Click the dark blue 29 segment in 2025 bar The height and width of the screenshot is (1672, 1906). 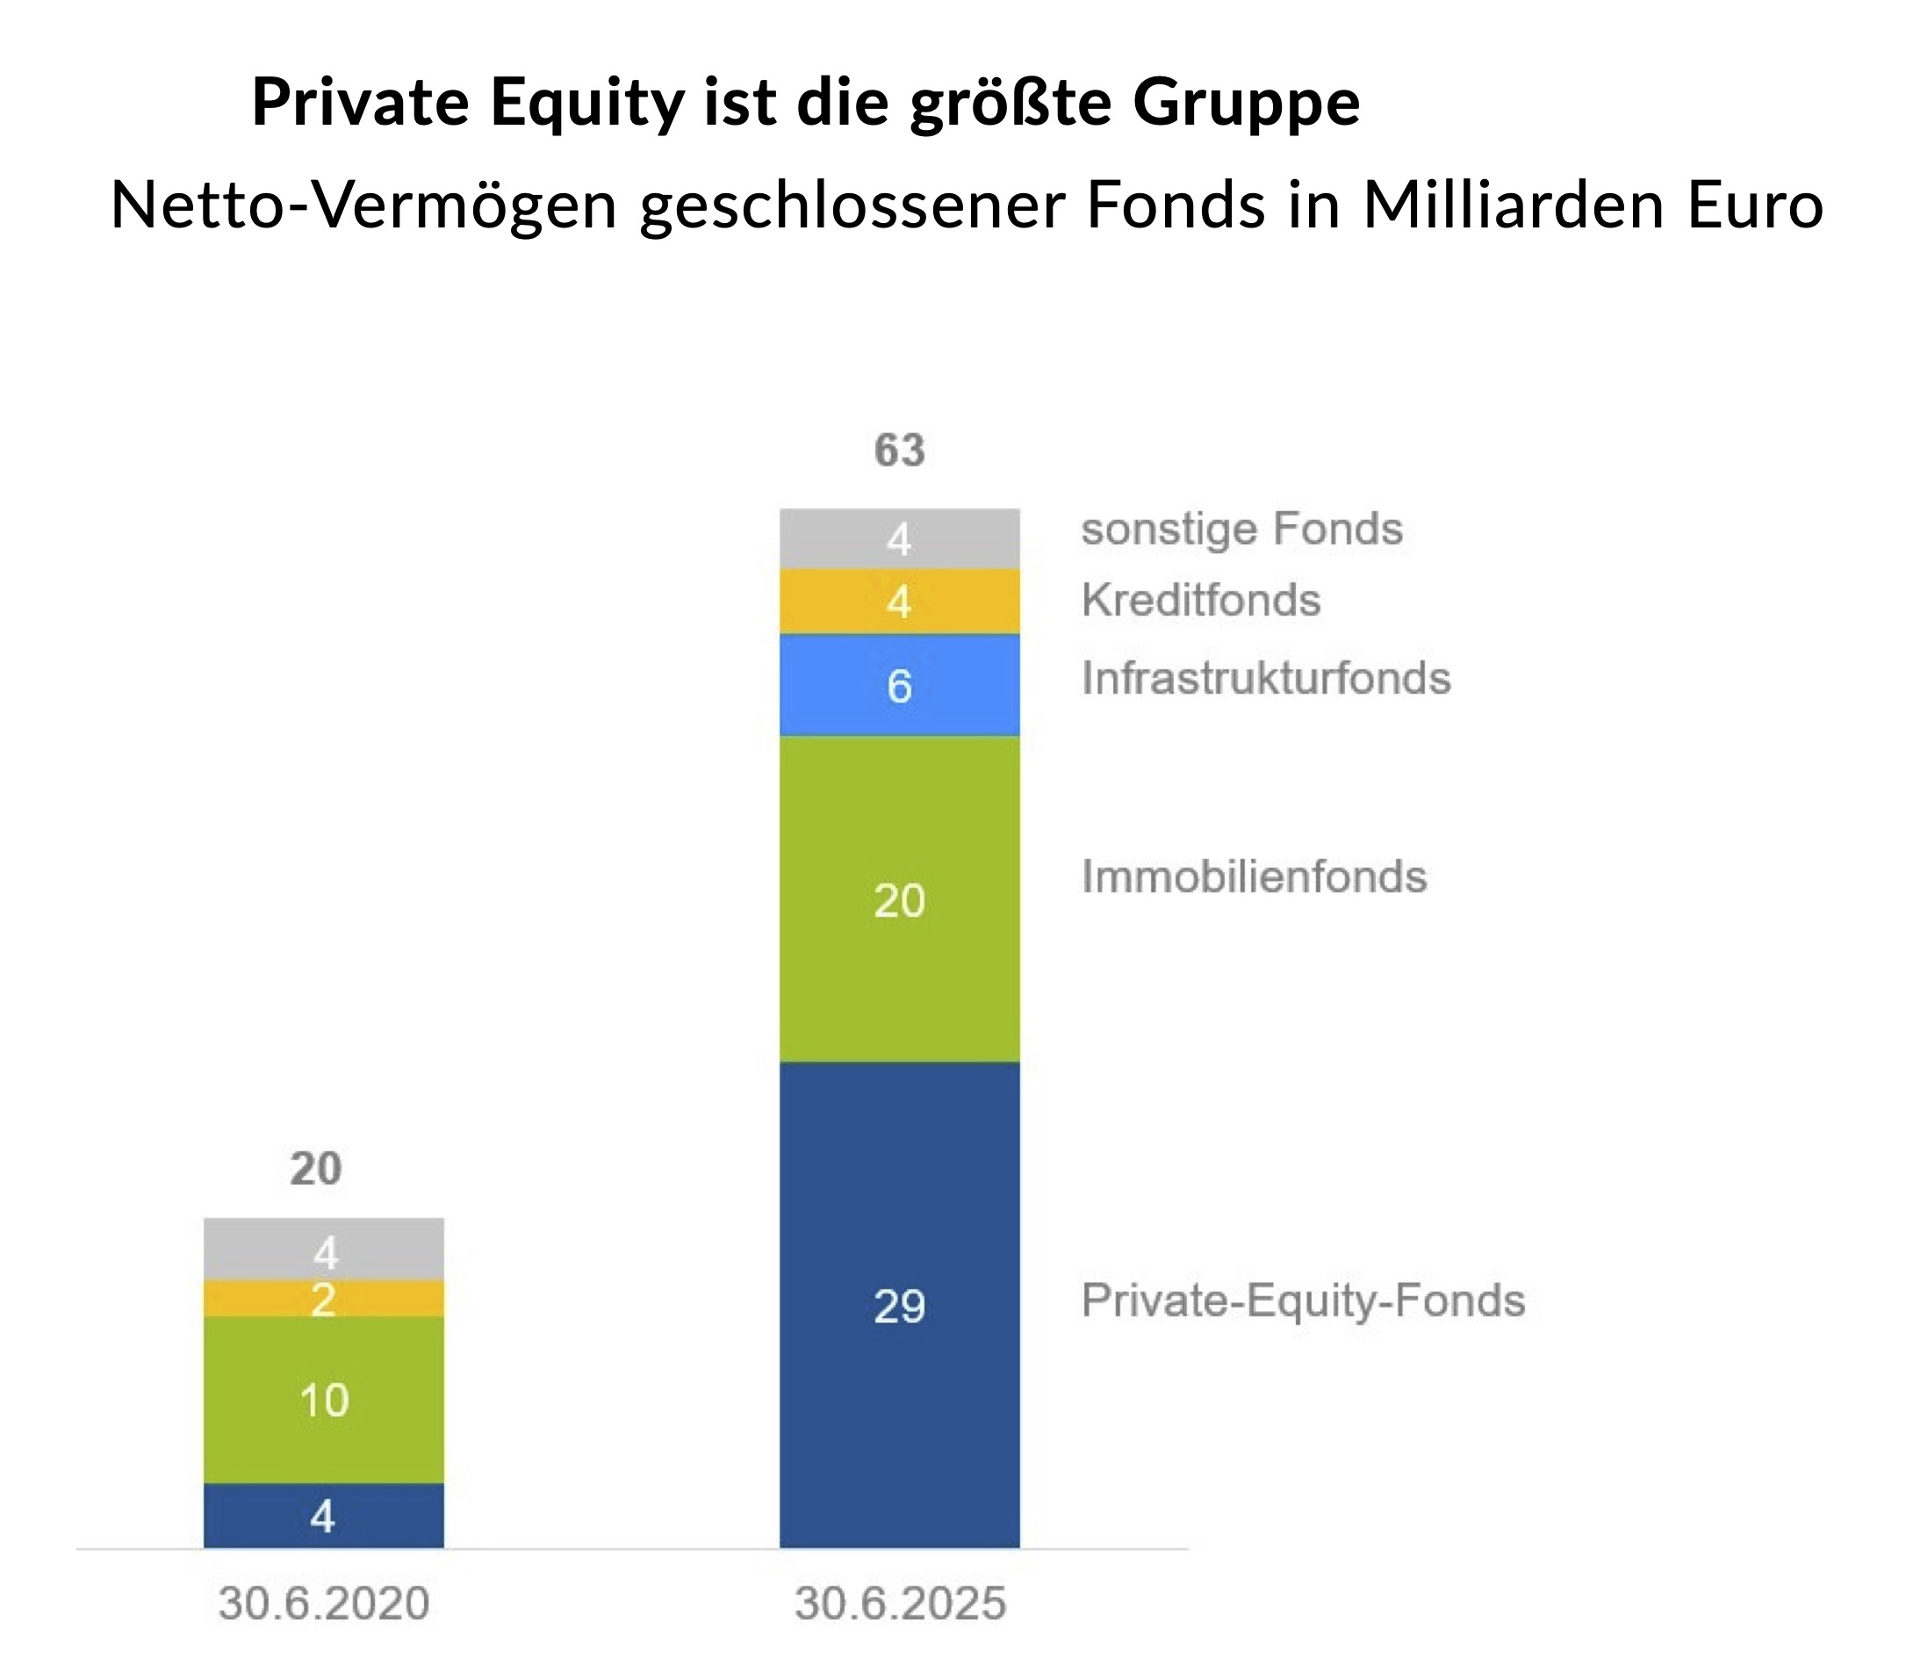pyautogui.click(x=899, y=1306)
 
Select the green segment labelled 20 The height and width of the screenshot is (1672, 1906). pyautogui.click(x=899, y=900)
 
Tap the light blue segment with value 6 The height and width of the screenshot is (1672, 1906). pyautogui.click(x=899, y=687)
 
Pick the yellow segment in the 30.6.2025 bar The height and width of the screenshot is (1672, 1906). pyautogui.click(x=899, y=602)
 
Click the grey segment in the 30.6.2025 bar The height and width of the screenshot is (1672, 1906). pyautogui.click(x=899, y=539)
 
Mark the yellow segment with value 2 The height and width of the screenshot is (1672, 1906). pyautogui.click(x=324, y=1299)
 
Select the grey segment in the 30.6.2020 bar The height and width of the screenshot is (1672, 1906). pyautogui.click(x=324, y=1250)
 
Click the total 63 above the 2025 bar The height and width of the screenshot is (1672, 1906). pyautogui.click(x=899, y=450)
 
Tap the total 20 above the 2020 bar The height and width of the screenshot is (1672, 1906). pyautogui.click(x=316, y=1169)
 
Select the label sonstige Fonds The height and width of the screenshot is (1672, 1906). pyautogui.click(x=1241, y=530)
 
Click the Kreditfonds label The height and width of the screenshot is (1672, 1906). pyautogui.click(x=1201, y=601)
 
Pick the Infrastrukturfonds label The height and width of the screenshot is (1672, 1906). pyautogui.click(x=1265, y=679)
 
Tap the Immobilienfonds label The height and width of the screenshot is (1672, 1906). pyautogui.click(x=1254, y=877)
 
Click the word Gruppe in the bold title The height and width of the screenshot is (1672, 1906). pyautogui.click(x=1246, y=103)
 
